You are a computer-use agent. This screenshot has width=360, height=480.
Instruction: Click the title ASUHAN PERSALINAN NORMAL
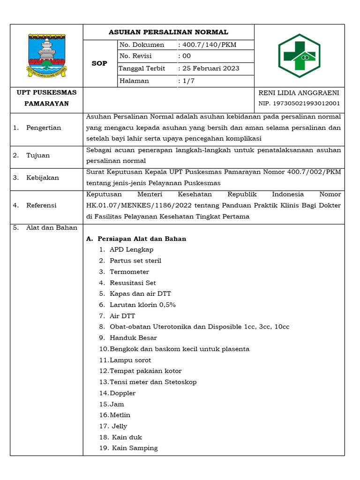click(x=168, y=32)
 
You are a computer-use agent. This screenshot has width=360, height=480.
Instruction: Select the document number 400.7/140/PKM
click(x=210, y=45)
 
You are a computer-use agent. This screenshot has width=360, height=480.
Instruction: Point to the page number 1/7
click(x=185, y=81)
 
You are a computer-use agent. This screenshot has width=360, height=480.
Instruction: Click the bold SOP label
click(x=99, y=63)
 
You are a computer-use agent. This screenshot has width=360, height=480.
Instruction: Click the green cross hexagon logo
click(x=299, y=55)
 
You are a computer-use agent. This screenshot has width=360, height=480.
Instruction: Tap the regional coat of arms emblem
click(x=46, y=55)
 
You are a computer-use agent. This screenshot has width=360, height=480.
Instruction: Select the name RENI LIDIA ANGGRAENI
click(x=299, y=93)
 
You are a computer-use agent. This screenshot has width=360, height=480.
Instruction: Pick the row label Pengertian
click(x=44, y=128)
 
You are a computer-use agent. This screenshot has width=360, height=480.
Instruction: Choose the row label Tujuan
click(x=38, y=156)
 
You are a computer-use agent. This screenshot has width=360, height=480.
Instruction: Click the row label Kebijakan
click(x=43, y=178)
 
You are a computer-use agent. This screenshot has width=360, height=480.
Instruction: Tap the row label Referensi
click(x=41, y=205)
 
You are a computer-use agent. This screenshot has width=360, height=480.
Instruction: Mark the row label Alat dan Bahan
click(x=51, y=228)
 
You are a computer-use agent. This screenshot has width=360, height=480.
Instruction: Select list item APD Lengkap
click(x=131, y=250)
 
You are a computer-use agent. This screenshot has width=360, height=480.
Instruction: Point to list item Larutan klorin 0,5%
click(x=142, y=305)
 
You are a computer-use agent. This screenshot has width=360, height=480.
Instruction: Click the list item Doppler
click(x=123, y=393)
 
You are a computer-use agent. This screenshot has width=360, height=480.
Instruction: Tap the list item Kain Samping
click(x=135, y=448)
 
